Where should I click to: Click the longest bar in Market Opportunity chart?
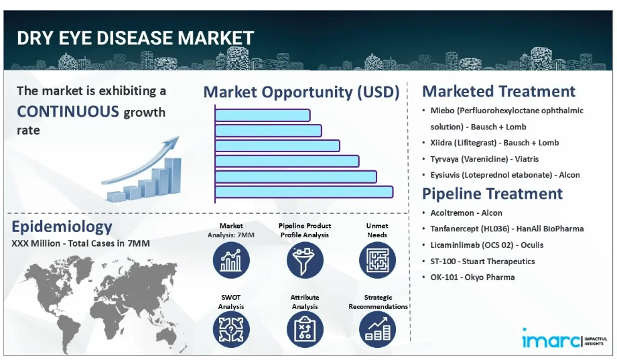[303, 192]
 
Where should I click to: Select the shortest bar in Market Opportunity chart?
[263, 115]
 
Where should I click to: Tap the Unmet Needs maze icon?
[377, 260]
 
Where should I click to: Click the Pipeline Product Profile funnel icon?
[305, 260]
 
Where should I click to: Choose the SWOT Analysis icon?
[231, 330]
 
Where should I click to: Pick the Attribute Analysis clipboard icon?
[305, 330]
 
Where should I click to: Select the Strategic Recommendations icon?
[377, 330]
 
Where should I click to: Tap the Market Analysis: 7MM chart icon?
[231, 260]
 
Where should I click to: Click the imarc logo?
[564, 339]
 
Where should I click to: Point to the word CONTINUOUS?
[68, 111]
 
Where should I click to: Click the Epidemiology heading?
[62, 227]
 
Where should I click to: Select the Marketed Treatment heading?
[498, 91]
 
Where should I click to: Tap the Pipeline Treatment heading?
[492, 194]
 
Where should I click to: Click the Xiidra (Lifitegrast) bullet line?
[494, 143]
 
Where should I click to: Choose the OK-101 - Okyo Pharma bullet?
[472, 278]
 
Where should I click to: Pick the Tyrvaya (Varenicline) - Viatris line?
[484, 159]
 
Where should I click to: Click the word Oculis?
[532, 245]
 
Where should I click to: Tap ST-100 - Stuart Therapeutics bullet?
[482, 261]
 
